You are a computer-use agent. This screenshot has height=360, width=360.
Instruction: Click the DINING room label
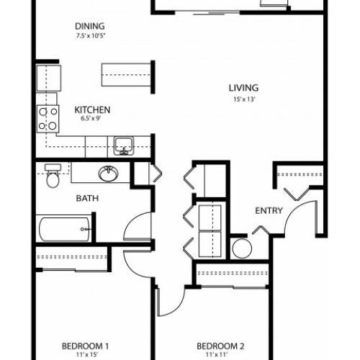pos(90,26)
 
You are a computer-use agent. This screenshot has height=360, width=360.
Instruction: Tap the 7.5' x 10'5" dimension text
pos(91,36)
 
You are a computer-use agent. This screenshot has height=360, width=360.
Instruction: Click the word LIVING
pos(243,88)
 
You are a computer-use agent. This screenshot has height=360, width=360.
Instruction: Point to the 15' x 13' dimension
pos(244,99)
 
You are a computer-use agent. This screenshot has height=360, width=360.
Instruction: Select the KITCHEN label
pos(92,110)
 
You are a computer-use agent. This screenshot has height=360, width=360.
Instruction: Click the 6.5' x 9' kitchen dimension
pos(91,118)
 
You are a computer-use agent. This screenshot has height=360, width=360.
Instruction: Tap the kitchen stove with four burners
pos(48,119)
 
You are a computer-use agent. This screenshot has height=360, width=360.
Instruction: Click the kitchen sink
pos(124,146)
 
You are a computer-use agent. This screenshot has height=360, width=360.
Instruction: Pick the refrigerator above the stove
pos(49,78)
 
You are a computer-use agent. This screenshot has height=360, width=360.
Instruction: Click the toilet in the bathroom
pos(53,176)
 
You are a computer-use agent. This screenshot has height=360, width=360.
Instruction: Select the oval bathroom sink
pos(108,174)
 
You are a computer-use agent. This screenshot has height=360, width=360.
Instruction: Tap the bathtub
pos(64,229)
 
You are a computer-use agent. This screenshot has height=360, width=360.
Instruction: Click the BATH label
pos(87,198)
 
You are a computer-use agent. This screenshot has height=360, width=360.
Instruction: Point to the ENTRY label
pos(269,211)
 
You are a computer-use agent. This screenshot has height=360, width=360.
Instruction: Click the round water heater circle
pos(242,248)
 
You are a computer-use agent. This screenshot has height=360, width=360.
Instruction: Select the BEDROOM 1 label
pos(85,346)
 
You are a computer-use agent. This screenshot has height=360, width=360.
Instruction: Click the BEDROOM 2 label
pos(220,346)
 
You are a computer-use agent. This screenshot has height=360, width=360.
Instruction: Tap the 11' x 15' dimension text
pos(86,355)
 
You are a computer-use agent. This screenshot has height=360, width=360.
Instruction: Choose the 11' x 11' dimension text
pos(217,354)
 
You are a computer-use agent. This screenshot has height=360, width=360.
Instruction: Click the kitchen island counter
pos(126,75)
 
